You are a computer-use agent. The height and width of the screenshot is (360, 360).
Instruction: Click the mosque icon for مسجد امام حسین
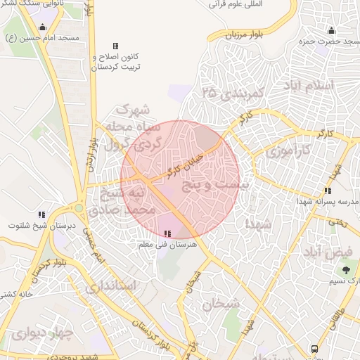click(x=43, y=27)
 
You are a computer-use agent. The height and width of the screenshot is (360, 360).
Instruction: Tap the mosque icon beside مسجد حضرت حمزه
click(x=332, y=31)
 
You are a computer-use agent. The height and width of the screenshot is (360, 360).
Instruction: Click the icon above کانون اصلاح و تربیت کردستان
click(x=115, y=46)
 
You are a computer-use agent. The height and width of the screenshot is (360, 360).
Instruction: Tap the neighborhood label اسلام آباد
click(x=327, y=86)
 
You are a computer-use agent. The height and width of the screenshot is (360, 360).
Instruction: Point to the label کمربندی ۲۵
click(x=232, y=92)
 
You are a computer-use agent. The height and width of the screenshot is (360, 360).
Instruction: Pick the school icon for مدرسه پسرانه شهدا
click(x=328, y=190)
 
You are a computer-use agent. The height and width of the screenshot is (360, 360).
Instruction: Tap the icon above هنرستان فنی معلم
click(x=167, y=233)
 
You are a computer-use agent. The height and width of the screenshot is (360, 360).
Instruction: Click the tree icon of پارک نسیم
click(x=346, y=269)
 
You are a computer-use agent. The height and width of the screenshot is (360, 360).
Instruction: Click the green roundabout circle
click(x=79, y=207)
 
